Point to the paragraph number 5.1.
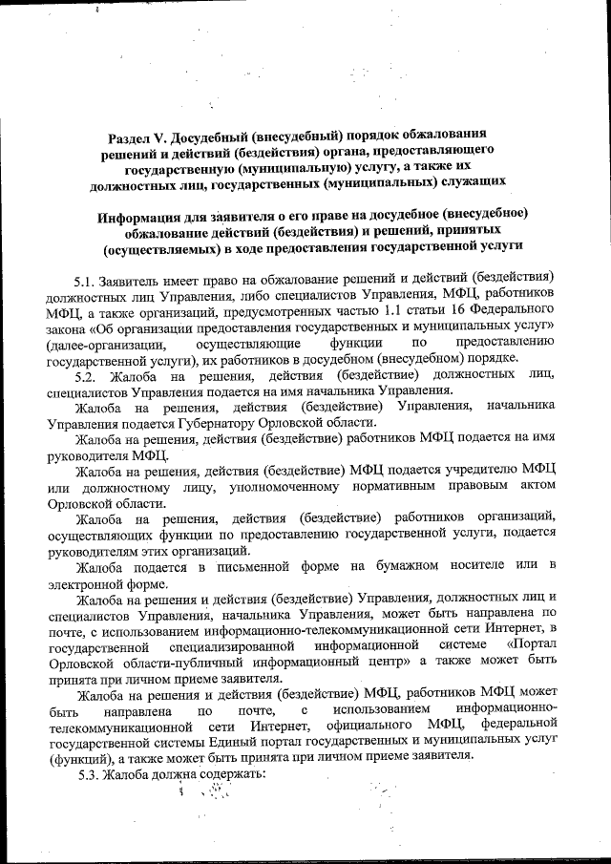(x=86, y=280)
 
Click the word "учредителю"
(x=456, y=473)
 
